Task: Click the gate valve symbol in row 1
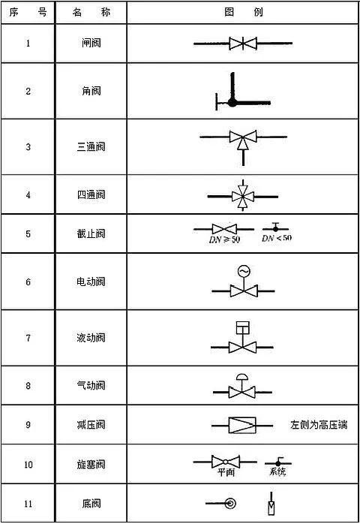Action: [243, 44]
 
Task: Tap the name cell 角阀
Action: [91, 91]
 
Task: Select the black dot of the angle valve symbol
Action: [232, 103]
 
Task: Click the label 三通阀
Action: [91, 146]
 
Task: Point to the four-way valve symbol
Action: [243, 196]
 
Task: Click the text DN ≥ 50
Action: [224, 239]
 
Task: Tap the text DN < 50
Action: [277, 238]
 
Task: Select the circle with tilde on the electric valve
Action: [244, 271]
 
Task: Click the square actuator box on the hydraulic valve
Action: [243, 328]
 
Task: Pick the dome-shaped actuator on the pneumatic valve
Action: [243, 377]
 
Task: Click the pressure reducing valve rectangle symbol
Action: [242, 426]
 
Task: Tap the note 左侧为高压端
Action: [319, 425]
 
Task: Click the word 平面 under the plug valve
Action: [226, 472]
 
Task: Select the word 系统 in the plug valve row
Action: [277, 471]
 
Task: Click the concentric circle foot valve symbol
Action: [230, 503]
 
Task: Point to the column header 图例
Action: [244, 12]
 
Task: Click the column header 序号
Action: [28, 12]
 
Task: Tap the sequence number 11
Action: [28, 503]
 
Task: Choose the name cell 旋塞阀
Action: [91, 464]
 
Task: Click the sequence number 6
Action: [28, 282]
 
